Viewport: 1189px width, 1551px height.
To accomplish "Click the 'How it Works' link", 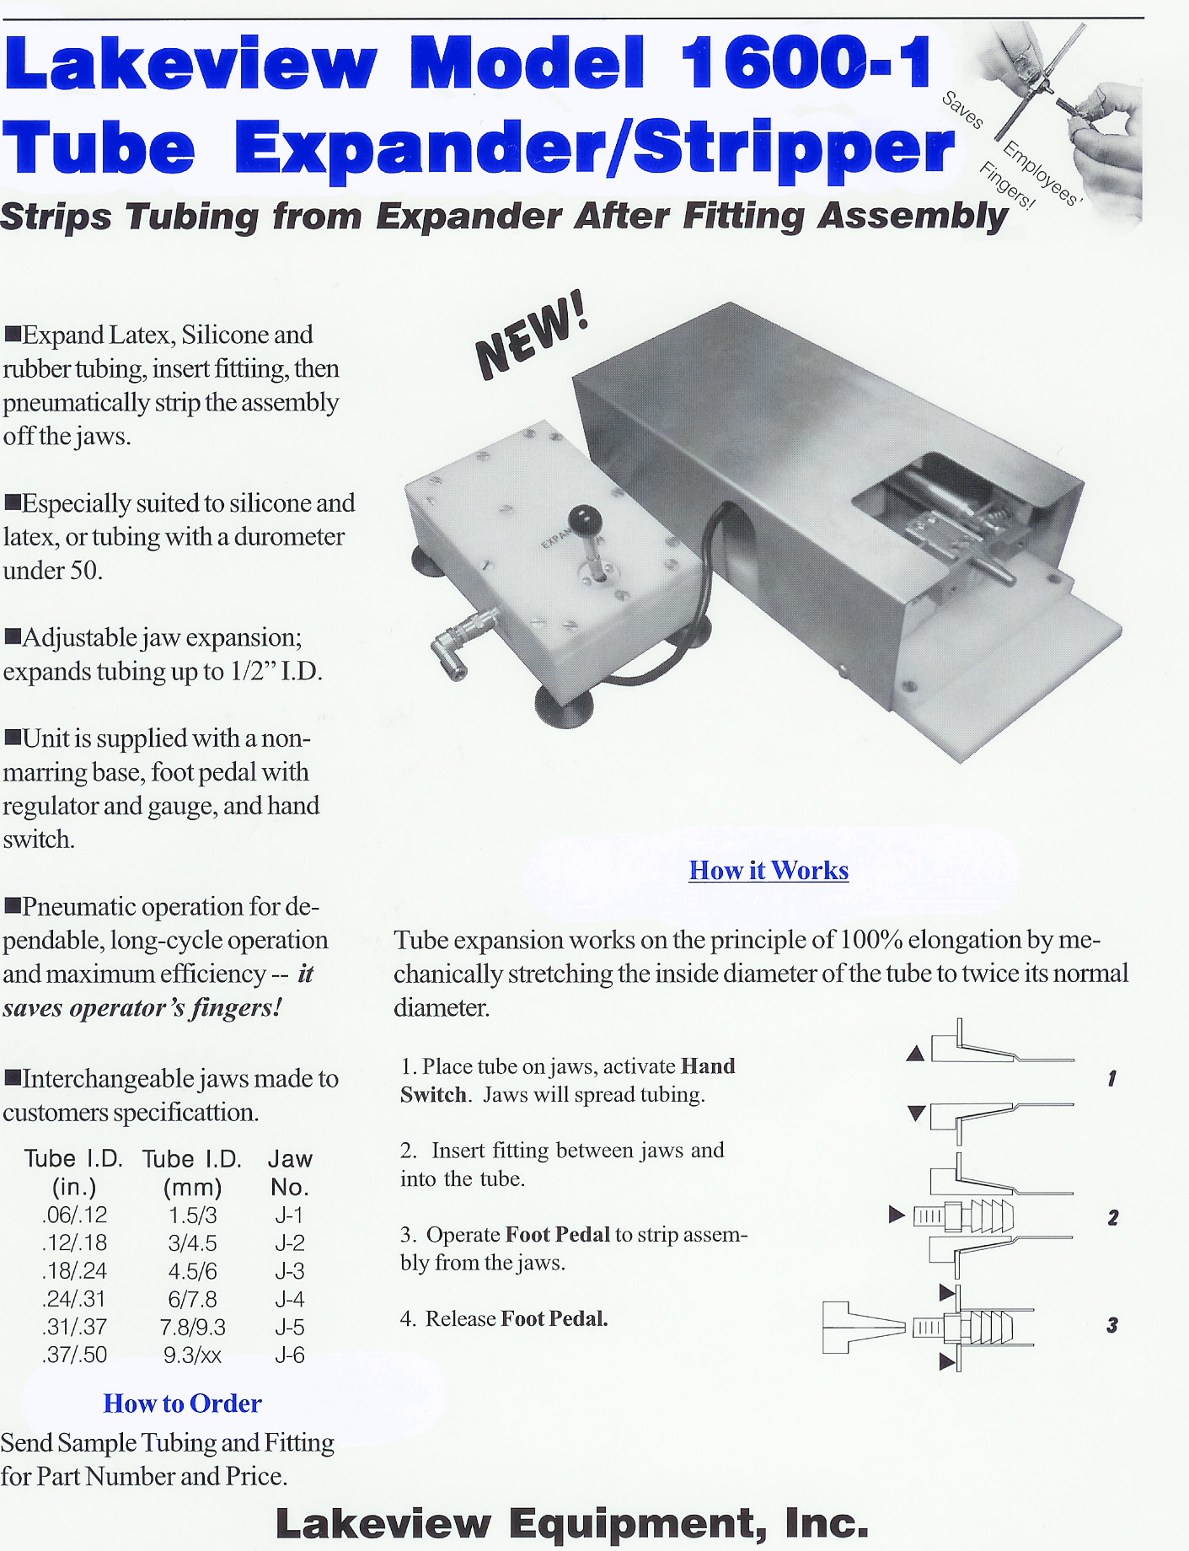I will pyautogui.click(x=769, y=870).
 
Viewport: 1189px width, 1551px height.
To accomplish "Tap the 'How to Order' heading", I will pyautogui.click(x=182, y=1403).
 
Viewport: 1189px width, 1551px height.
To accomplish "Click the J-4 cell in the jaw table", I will pyautogui.click(x=289, y=1299).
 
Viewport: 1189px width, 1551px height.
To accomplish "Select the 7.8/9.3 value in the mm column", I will pyautogui.click(x=193, y=1328).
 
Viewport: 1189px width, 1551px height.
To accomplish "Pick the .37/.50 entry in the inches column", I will pyautogui.click(x=75, y=1355).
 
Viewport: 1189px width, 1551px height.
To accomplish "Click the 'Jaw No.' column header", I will pyautogui.click(x=290, y=1173).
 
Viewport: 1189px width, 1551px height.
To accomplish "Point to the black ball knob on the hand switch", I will pyautogui.click(x=583, y=519).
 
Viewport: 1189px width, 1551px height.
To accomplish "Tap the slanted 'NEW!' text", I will pyautogui.click(x=531, y=335).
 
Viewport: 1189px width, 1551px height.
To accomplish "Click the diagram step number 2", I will pyautogui.click(x=1113, y=1217).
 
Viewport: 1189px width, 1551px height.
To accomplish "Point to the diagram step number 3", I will pyautogui.click(x=1112, y=1325).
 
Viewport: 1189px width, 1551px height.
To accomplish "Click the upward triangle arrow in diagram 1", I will pyautogui.click(x=916, y=1054).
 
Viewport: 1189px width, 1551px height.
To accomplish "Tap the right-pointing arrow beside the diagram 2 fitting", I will pyautogui.click(x=897, y=1215).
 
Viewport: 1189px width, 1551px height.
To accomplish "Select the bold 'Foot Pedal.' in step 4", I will pyautogui.click(x=554, y=1318).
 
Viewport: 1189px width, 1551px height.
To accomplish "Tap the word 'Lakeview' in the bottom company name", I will pyautogui.click(x=383, y=1523).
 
